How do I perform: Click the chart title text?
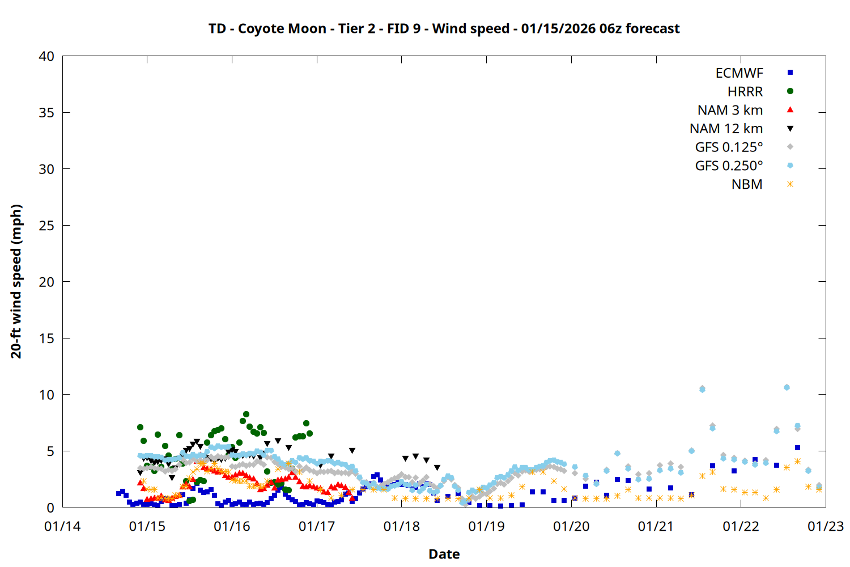click(444, 28)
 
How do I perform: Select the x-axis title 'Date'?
click(444, 554)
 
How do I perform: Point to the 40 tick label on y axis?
click(46, 56)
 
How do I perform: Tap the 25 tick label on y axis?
click(46, 226)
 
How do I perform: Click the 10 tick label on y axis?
click(46, 395)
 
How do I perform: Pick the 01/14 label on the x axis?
click(62, 526)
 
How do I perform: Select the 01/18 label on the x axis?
click(402, 526)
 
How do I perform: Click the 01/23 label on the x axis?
click(826, 526)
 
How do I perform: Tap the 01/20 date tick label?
click(571, 526)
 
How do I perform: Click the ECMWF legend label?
click(739, 73)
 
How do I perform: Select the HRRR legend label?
click(745, 92)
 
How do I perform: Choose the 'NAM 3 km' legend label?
click(730, 110)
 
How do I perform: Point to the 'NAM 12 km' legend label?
click(726, 129)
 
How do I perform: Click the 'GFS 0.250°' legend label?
click(729, 166)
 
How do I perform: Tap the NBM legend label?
click(747, 184)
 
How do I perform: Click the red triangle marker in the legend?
click(790, 109)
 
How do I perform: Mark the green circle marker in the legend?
click(790, 91)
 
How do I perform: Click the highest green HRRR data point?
click(246, 414)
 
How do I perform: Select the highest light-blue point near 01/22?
click(787, 387)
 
